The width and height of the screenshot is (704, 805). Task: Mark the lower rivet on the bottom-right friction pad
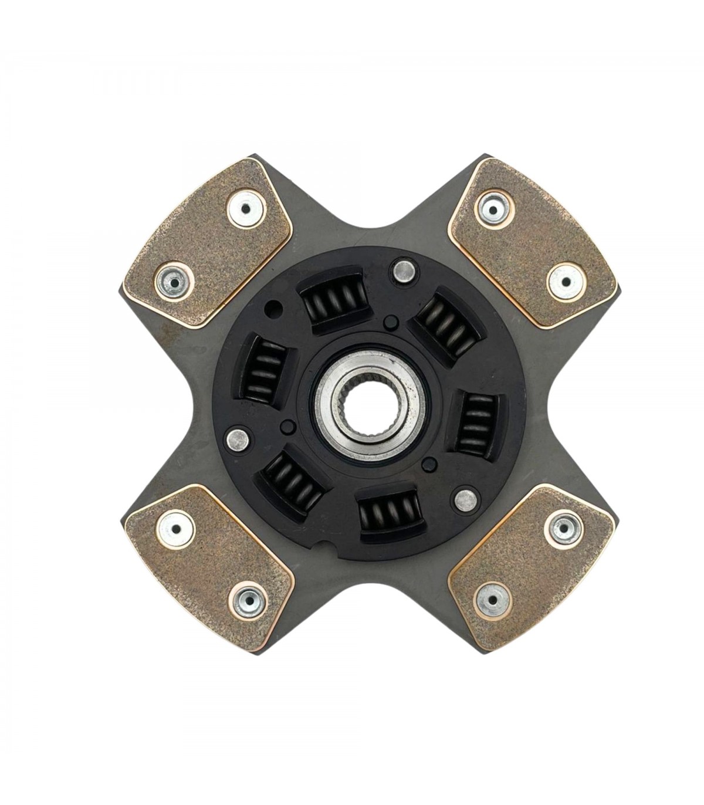(x=492, y=597)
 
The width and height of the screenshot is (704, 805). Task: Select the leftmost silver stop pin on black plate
(x=238, y=437)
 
